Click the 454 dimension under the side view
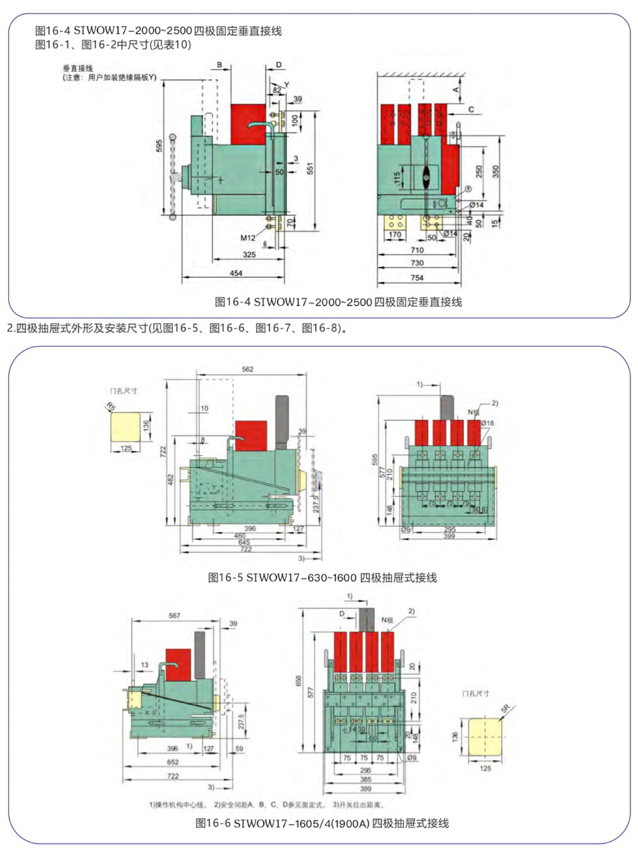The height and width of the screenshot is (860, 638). point(236,273)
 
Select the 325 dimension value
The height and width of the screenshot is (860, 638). point(249,254)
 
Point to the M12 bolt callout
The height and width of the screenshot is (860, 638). point(248,238)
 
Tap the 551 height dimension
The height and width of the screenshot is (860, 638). point(310,169)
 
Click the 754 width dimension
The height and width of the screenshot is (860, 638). point(417,278)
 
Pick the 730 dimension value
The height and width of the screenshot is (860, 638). point(417,262)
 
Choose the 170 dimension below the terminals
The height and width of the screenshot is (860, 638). point(395,234)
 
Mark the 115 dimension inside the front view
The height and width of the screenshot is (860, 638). point(397,177)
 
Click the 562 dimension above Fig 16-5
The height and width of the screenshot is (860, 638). point(248,369)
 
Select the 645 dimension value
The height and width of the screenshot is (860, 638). point(244,542)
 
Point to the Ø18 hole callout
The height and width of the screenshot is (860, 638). point(487,423)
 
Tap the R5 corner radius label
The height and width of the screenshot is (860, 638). point(111,407)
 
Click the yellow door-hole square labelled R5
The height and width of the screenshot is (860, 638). point(126,426)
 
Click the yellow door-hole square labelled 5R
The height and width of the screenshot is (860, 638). point(485,737)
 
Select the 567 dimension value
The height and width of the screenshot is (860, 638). point(174,615)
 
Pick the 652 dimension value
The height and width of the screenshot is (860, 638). point(173,762)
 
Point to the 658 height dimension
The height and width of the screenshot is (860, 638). point(299,681)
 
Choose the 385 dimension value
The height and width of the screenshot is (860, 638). point(366,780)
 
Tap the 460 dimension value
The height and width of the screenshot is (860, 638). point(239,536)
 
